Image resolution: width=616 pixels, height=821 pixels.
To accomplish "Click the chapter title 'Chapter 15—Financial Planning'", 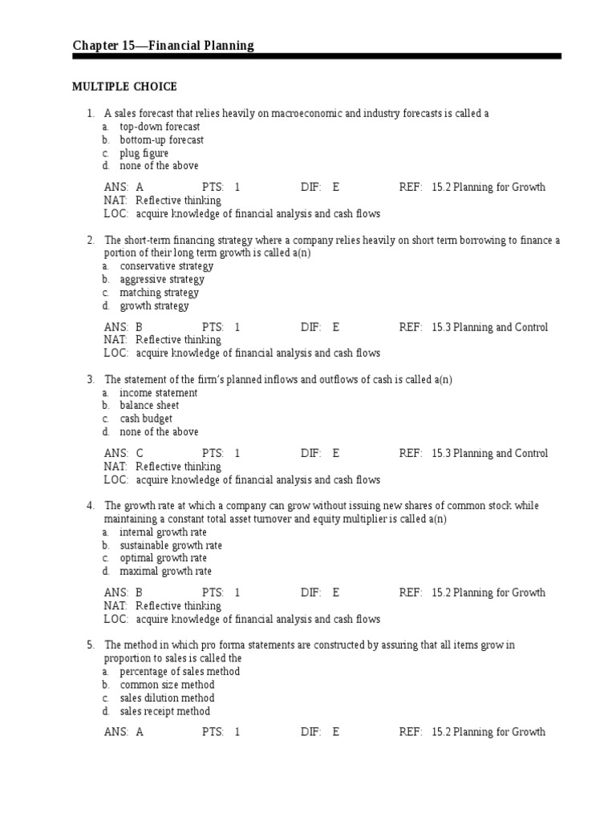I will click(x=163, y=46).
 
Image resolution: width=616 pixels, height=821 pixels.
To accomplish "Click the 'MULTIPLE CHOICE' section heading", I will click(x=124, y=87).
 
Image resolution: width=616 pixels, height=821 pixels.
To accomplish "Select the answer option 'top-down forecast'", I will click(x=160, y=127).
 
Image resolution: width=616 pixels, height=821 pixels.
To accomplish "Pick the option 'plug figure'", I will click(x=144, y=153).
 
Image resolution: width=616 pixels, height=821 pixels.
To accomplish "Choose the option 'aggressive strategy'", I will click(x=162, y=280).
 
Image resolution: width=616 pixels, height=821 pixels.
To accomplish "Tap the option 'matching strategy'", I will click(x=160, y=293).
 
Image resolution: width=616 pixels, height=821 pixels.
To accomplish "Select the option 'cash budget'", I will click(x=146, y=419).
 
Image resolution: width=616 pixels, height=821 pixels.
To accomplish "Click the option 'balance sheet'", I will click(x=149, y=406).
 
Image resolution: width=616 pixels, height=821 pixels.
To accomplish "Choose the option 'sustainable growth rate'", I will click(x=171, y=545).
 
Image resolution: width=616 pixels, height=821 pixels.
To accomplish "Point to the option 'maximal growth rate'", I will click(x=166, y=572).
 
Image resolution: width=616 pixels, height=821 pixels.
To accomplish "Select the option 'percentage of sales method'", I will click(x=180, y=672).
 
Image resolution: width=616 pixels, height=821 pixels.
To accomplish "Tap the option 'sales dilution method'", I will click(x=168, y=698).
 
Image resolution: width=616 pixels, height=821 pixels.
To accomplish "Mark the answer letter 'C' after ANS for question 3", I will click(x=140, y=454).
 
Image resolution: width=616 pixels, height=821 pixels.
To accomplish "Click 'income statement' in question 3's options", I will click(x=159, y=393).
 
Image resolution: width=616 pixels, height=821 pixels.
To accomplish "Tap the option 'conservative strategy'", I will click(x=167, y=266).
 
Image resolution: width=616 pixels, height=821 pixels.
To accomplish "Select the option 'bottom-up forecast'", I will click(x=162, y=140).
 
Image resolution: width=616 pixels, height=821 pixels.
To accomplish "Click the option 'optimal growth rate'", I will click(x=164, y=558).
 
